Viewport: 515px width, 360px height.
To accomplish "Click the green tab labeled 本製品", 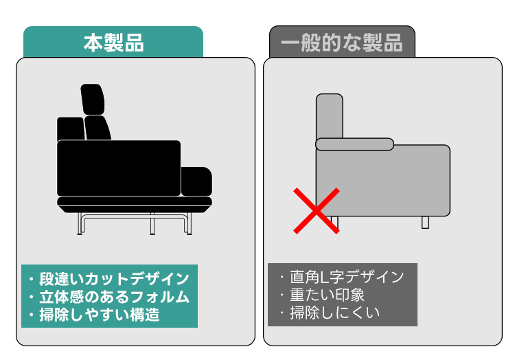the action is (113, 42).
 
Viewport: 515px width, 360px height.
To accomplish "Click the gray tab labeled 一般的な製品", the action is (342, 42).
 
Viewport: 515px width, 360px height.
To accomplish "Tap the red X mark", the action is (317, 211).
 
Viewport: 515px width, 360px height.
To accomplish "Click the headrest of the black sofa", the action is (93, 99).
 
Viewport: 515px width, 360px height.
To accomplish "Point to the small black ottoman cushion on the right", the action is (196, 181).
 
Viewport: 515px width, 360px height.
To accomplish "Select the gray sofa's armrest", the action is (355, 144).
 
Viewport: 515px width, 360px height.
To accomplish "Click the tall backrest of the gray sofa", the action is (330, 116).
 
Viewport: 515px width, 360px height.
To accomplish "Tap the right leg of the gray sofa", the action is (425, 223).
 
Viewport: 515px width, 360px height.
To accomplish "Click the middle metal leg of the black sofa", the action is (152, 224).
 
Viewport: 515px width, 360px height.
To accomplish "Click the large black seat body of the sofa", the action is (119, 168).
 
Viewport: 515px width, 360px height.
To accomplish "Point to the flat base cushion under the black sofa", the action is (135, 205).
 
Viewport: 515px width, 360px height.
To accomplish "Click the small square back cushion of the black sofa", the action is (71, 128).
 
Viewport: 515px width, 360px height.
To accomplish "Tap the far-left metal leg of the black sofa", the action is (80, 224).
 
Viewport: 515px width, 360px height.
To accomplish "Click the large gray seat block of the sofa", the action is (383, 181).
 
